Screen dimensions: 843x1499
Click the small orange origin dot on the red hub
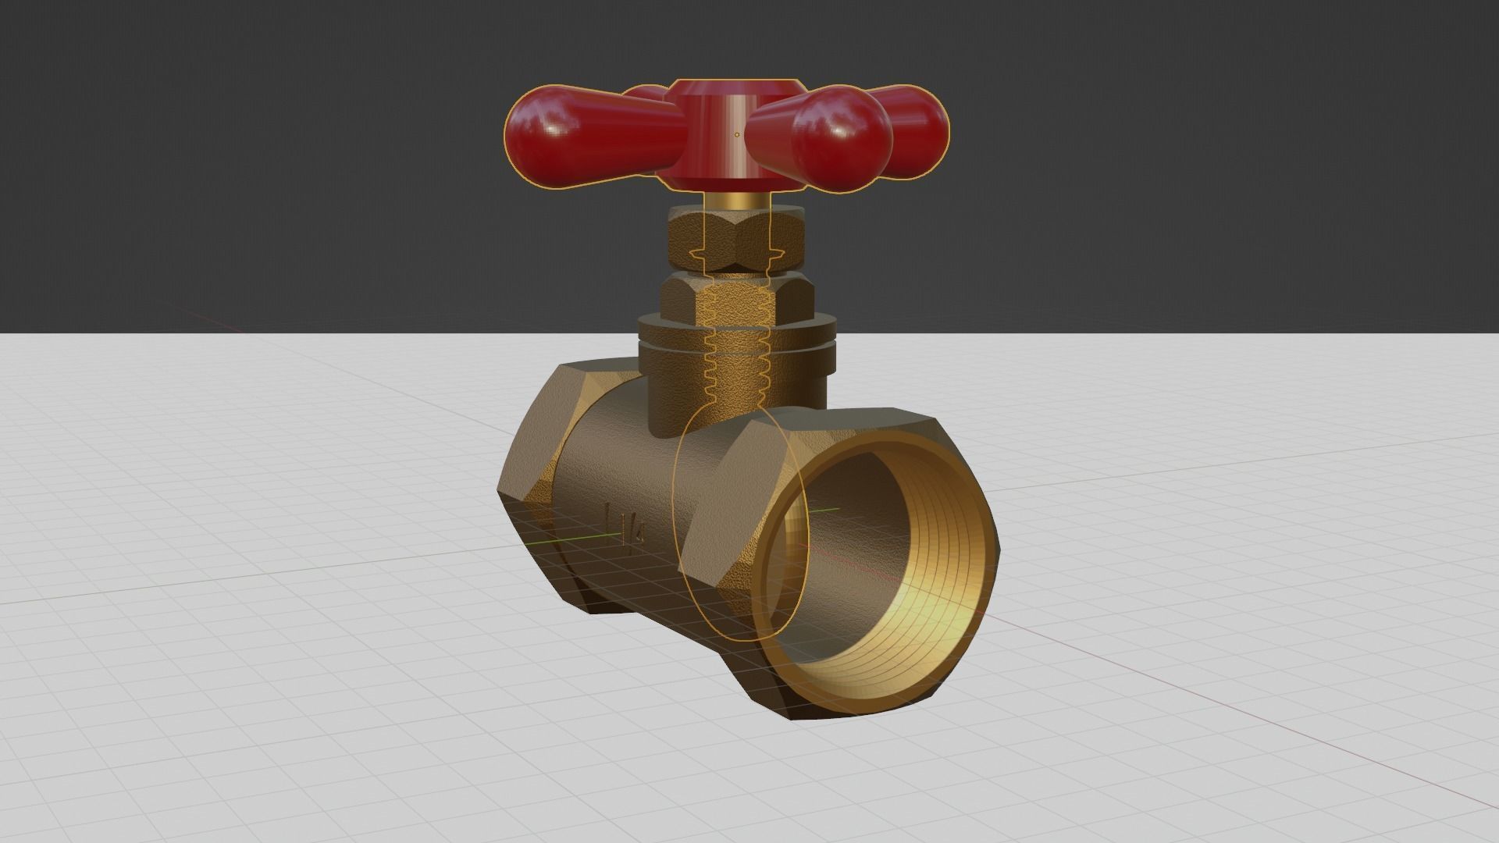pyautogui.click(x=737, y=135)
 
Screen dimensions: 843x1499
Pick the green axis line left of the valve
pyautogui.click(x=562, y=540)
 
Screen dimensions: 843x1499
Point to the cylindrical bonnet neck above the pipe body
pyautogui.click(x=679, y=390)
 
